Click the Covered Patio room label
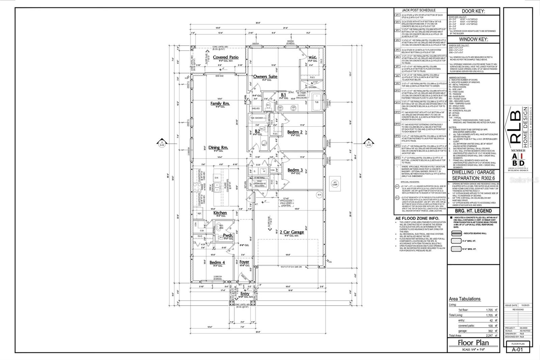click(226, 57)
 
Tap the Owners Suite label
click(265, 77)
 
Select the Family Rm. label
click(220, 103)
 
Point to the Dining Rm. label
click(218, 148)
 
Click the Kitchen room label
click(220, 213)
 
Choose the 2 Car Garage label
click(292, 232)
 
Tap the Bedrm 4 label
click(217, 262)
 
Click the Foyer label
click(244, 262)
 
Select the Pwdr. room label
click(228, 235)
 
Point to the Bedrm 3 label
click(295, 170)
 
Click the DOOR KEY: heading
click(473, 11)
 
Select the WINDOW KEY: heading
click(473, 39)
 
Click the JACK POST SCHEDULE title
click(418, 10)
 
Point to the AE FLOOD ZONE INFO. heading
click(417, 218)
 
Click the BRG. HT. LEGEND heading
click(473, 211)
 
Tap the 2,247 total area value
click(489, 336)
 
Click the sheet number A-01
click(517, 350)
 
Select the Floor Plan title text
click(473, 342)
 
